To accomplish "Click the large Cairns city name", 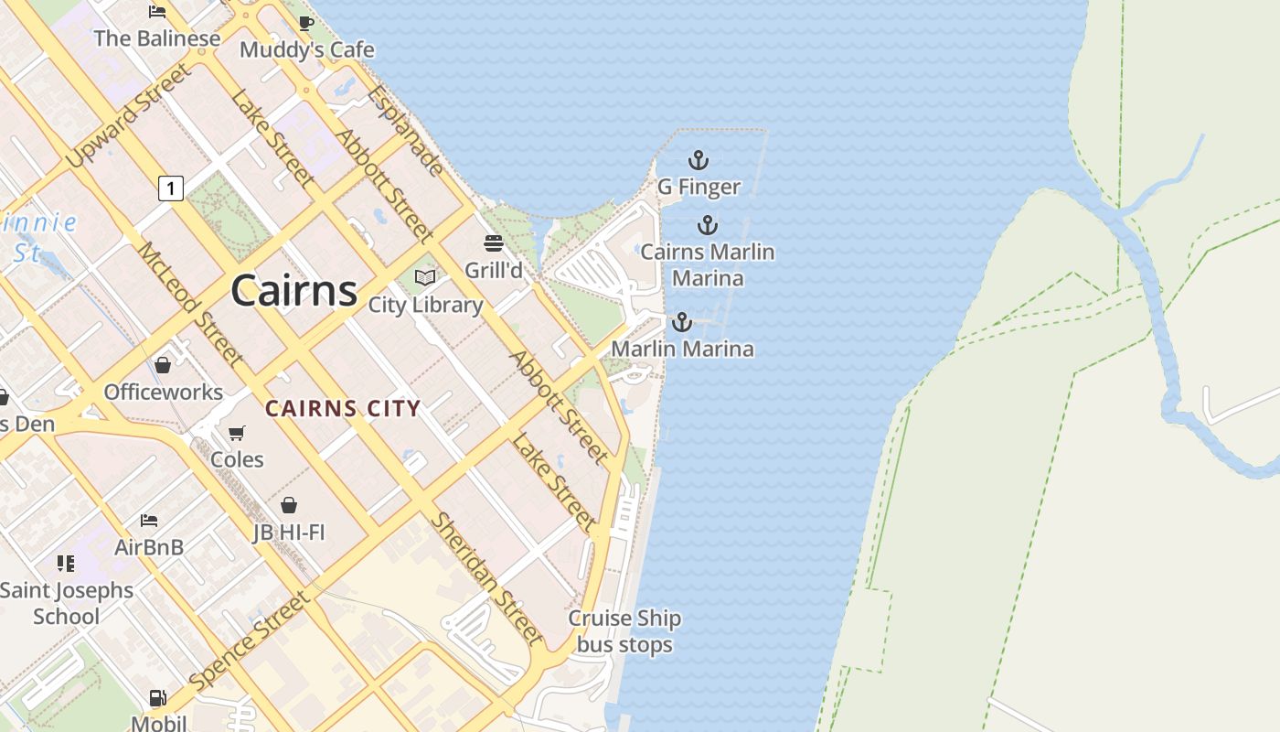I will pyautogui.click(x=293, y=291).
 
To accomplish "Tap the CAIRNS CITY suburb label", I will pyautogui.click(x=343, y=409).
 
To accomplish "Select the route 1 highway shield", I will pyautogui.click(x=170, y=188).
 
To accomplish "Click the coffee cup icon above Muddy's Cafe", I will pyautogui.click(x=306, y=23).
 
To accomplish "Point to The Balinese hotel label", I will pyautogui.click(x=157, y=38).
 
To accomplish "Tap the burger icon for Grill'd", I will pyautogui.click(x=494, y=243).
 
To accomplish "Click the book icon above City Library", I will pyautogui.click(x=425, y=276).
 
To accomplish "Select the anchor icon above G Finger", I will pyautogui.click(x=699, y=160).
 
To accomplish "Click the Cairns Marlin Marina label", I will pyautogui.click(x=707, y=264).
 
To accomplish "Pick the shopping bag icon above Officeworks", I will pyautogui.click(x=163, y=365).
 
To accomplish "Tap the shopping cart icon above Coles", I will pyautogui.click(x=237, y=433).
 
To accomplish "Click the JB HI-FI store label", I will pyautogui.click(x=289, y=533).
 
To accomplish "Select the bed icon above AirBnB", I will pyautogui.click(x=149, y=521).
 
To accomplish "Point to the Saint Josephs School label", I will pyautogui.click(x=66, y=603).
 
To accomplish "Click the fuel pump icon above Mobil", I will pyautogui.click(x=157, y=698).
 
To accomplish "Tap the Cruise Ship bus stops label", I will pyautogui.click(x=624, y=631).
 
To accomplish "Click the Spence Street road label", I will pyautogui.click(x=249, y=641).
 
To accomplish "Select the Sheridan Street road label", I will pyautogui.click(x=486, y=578).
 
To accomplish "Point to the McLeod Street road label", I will pyautogui.click(x=190, y=304).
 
